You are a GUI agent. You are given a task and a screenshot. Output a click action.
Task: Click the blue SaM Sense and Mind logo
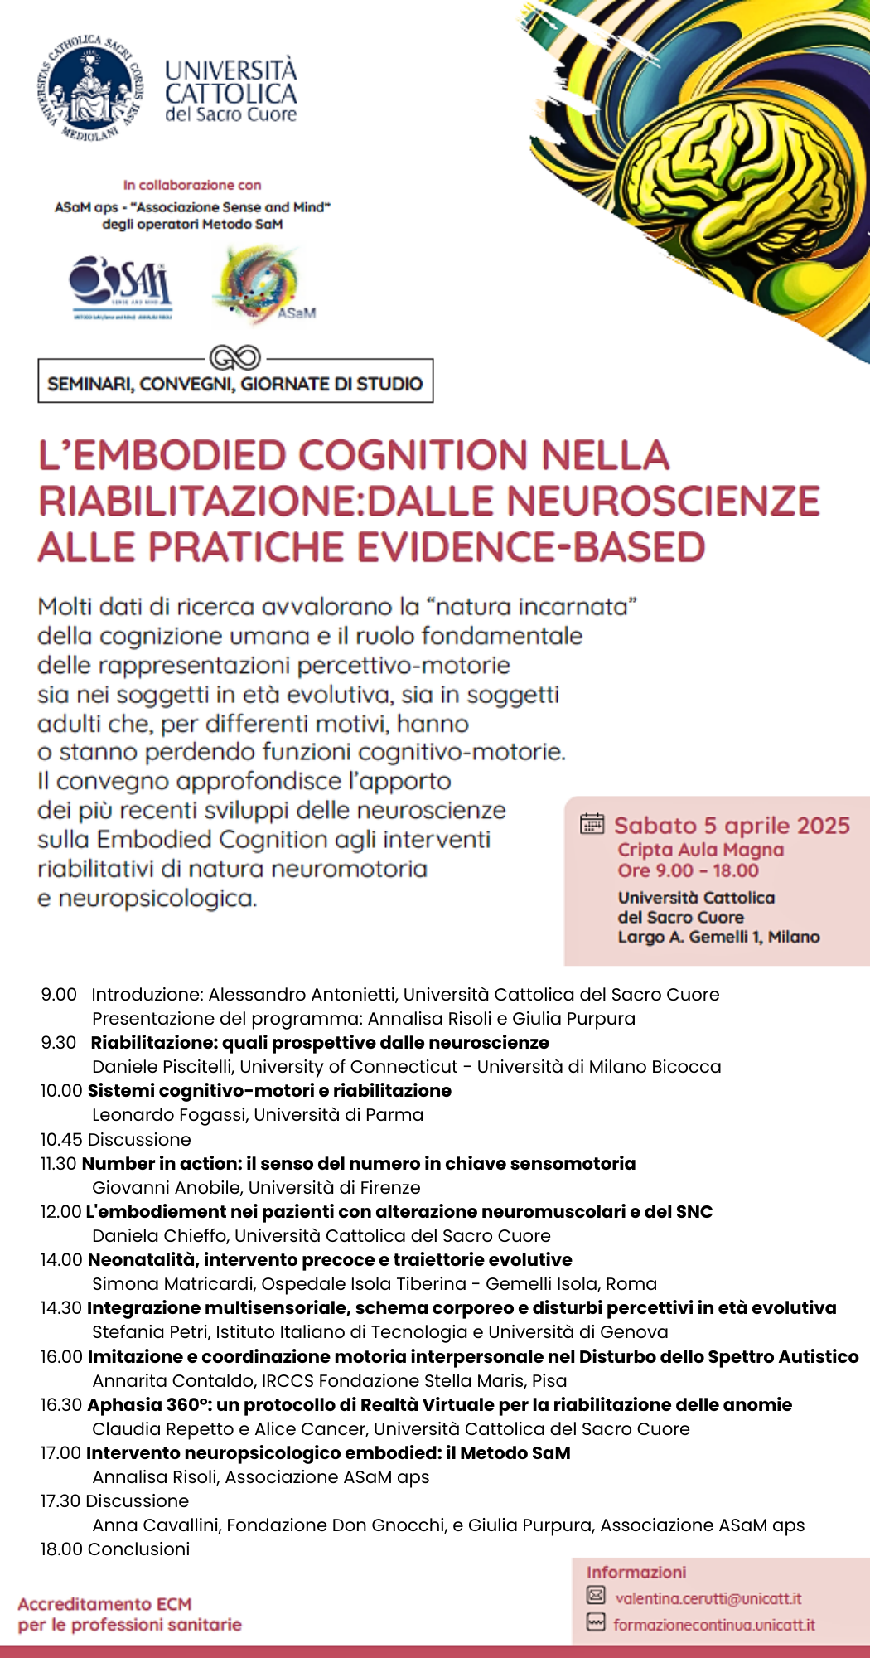121,286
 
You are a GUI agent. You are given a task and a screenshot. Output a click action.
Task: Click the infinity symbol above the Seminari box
235,358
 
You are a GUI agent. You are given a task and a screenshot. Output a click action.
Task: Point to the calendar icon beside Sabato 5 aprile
592,823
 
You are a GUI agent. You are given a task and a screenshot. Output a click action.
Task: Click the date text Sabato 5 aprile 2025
732,826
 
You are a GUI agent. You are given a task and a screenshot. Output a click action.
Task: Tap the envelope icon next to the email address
596,1594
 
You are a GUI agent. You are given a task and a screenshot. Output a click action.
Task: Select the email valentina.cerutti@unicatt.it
708,1598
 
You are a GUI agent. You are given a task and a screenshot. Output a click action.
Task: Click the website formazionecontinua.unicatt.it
713,1625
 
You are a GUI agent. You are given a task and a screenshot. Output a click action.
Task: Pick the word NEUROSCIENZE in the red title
663,502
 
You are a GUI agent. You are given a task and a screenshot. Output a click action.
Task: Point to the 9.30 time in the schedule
59,1042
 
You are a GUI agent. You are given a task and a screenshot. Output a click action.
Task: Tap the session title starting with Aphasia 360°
439,1405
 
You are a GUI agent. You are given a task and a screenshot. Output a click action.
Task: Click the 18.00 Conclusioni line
115,1549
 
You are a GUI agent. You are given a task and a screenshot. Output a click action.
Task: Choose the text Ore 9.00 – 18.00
688,870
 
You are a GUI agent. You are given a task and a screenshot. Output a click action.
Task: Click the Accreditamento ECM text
104,1604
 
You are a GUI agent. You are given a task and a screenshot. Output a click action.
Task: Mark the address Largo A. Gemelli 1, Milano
718,937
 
